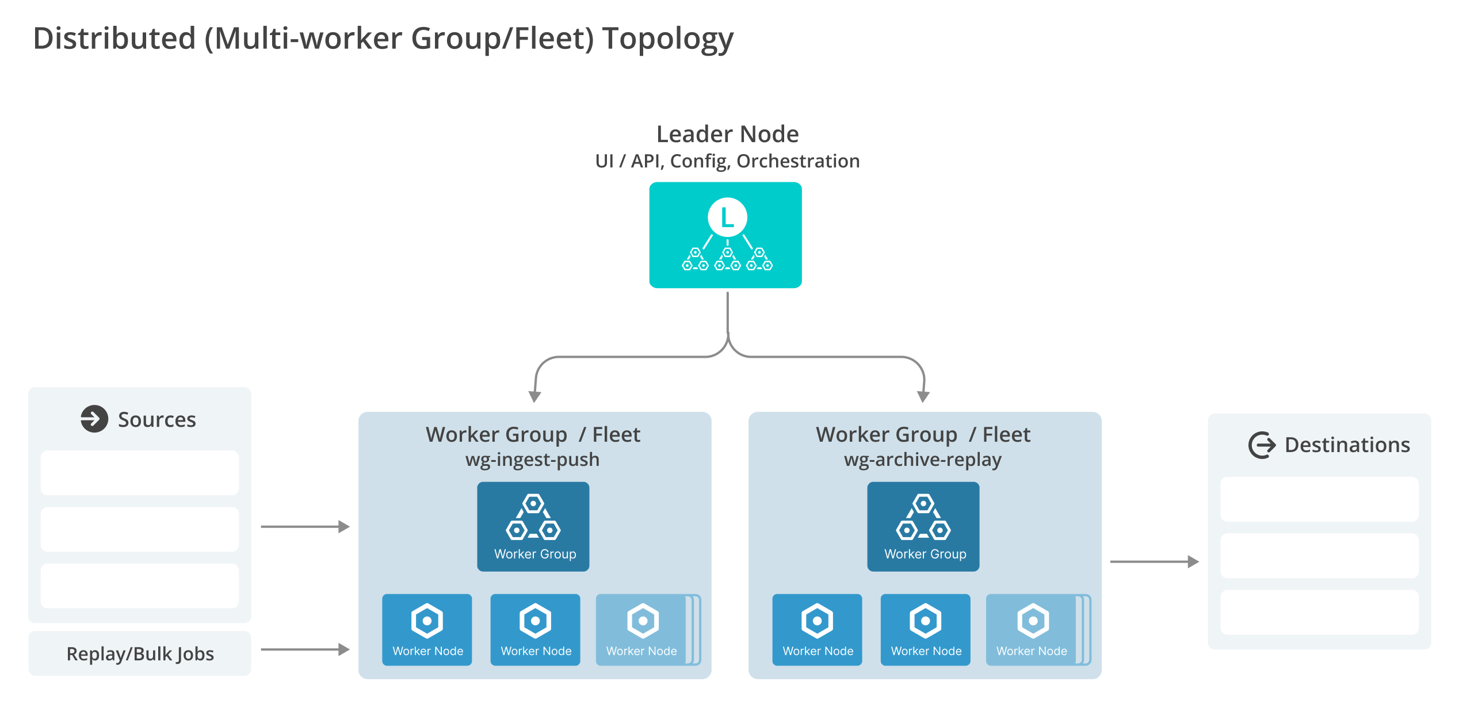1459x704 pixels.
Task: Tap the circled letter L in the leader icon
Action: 727,217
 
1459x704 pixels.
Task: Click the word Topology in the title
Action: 667,39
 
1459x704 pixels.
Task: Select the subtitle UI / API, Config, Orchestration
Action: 727,161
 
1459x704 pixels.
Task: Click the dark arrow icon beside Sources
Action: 94,419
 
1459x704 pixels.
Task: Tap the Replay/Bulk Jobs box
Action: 140,653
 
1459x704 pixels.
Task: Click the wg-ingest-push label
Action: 532,460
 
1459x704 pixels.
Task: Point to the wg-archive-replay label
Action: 922,460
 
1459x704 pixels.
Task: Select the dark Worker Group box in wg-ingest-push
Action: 533,526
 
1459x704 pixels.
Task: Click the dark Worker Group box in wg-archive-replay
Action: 923,526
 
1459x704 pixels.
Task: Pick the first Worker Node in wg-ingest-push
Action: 427,630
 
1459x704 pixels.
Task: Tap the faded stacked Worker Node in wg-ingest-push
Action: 642,630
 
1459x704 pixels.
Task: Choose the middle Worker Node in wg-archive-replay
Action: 925,630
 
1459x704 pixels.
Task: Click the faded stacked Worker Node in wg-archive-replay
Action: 1032,630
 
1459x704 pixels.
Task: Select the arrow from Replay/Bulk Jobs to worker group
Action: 305,649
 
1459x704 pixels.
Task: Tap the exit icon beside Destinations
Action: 1262,445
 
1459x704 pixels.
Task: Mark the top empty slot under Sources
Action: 140,473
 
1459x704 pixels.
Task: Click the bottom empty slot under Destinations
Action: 1319,612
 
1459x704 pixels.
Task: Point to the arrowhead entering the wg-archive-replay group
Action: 923,396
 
